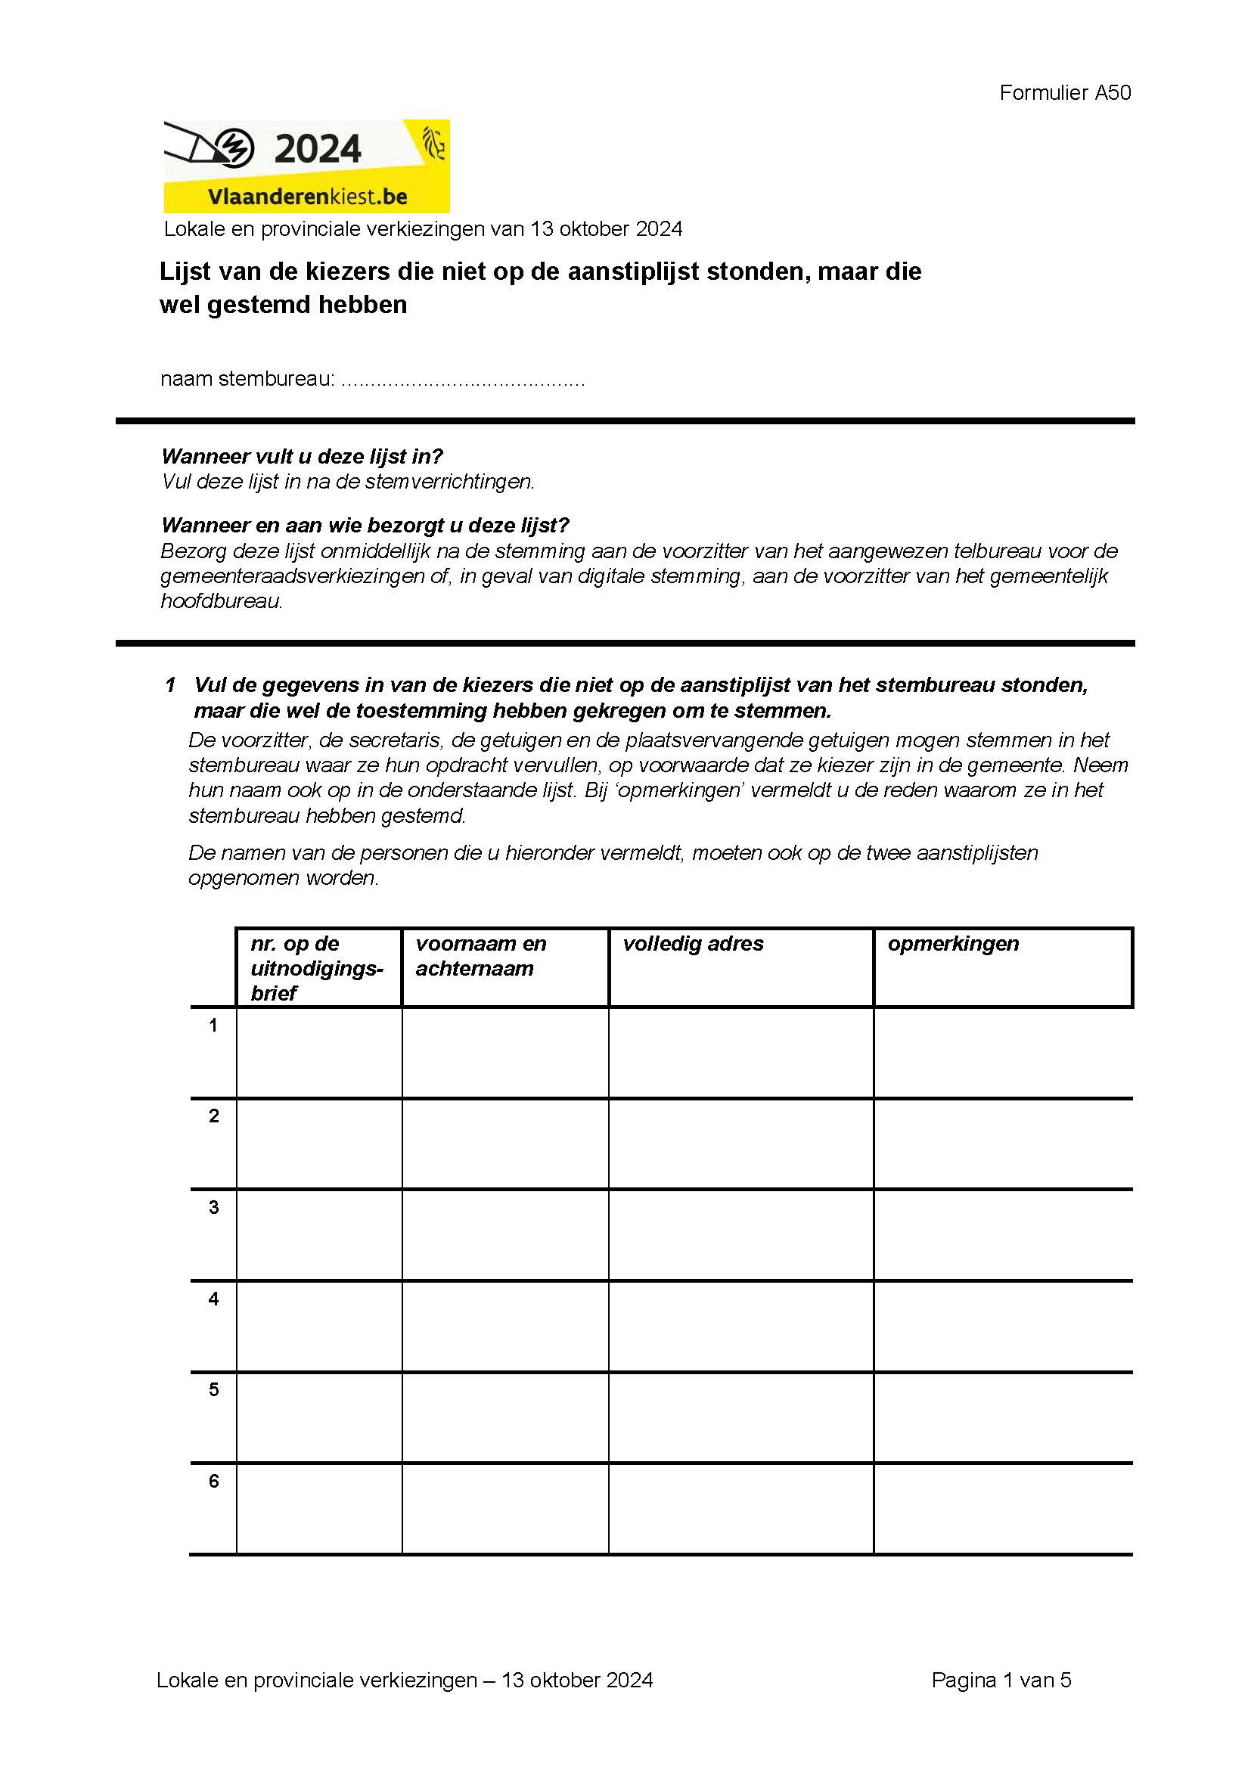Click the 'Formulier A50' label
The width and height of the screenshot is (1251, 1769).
coord(1065,93)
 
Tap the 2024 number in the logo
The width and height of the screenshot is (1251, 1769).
coord(318,149)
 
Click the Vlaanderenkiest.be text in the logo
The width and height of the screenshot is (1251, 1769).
coord(306,197)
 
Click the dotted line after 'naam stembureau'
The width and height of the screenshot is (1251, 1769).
coord(462,380)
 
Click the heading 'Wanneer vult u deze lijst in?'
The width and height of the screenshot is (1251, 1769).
coord(302,457)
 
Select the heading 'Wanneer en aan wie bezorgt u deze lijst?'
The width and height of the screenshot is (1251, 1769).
coord(365,526)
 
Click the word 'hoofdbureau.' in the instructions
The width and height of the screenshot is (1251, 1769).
coord(222,601)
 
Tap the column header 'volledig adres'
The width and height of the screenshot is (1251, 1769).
coord(694,944)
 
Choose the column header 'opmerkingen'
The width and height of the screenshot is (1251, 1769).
coord(953,944)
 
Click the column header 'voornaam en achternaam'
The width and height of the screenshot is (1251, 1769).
coord(481,956)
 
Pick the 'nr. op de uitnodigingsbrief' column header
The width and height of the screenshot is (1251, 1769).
coord(317,968)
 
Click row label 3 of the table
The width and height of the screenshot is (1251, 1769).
coord(213,1207)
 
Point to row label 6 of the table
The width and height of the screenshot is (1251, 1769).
coord(213,1481)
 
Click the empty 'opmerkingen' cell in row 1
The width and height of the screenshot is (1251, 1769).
coord(1003,1053)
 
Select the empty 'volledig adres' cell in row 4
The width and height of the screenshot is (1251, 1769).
coord(741,1326)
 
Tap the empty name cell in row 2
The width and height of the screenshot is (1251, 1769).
coord(505,1144)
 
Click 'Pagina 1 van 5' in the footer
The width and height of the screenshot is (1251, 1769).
coord(1001,1681)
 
